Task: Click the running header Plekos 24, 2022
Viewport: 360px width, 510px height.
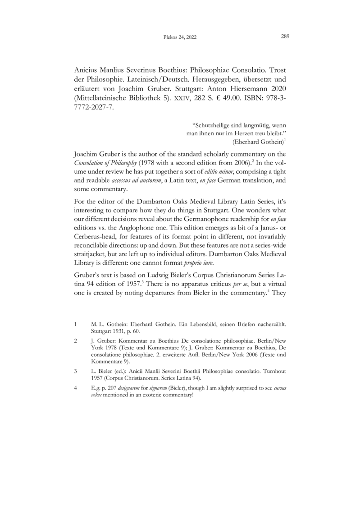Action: tap(179, 38)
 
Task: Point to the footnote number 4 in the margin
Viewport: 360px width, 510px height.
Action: tap(75, 390)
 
